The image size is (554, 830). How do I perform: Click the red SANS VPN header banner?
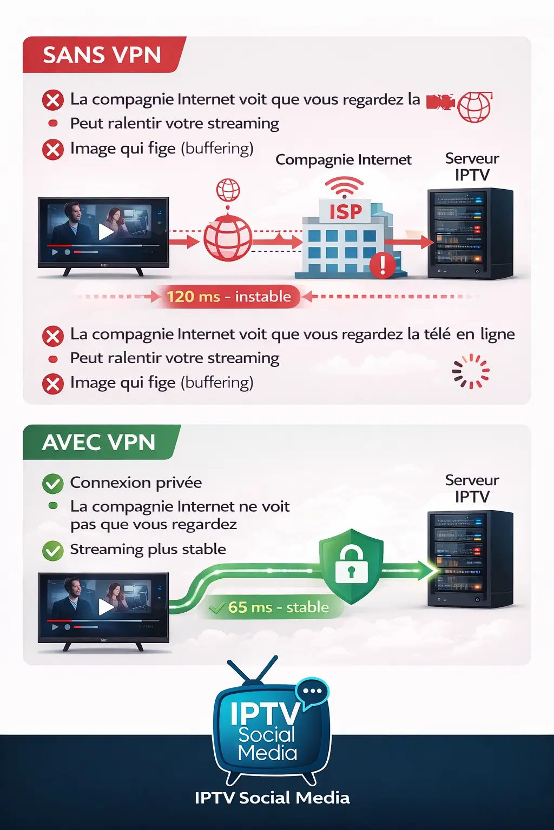coord(103,55)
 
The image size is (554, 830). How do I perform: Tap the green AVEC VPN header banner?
coord(100,442)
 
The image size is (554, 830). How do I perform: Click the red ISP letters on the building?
coord(346,212)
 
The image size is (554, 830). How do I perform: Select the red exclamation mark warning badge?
coord(382,265)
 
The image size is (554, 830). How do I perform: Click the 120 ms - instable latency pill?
coord(229,297)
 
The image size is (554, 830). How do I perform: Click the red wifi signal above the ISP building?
coord(344,187)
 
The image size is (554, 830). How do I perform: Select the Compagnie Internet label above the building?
coord(344,160)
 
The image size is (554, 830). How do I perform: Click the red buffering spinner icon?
coord(471,371)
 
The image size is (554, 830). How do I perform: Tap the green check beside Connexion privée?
coord(52,483)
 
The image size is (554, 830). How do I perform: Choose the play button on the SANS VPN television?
coord(106,232)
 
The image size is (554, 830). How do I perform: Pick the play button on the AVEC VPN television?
coord(106,607)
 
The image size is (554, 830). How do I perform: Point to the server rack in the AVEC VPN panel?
coord(470,559)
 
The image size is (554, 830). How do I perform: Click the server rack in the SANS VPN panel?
coord(470,233)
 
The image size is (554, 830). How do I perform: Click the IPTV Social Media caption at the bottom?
coord(272,798)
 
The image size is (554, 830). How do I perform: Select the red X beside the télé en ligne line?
coord(52,336)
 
